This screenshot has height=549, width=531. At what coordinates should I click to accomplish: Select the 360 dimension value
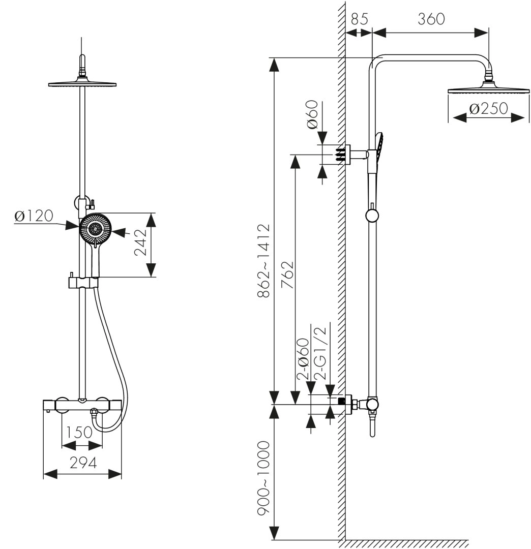click(x=431, y=19)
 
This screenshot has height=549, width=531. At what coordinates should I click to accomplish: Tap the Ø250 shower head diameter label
click(x=488, y=109)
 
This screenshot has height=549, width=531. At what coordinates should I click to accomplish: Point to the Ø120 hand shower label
click(x=34, y=216)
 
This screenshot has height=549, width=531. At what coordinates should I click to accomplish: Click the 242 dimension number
click(x=141, y=245)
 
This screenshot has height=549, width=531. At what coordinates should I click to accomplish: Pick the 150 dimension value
click(x=80, y=433)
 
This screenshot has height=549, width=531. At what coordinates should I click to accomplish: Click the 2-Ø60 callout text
click(x=304, y=360)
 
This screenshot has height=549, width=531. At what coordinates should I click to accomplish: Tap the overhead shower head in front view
click(x=82, y=83)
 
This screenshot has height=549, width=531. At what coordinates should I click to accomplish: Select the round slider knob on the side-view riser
click(x=372, y=216)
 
